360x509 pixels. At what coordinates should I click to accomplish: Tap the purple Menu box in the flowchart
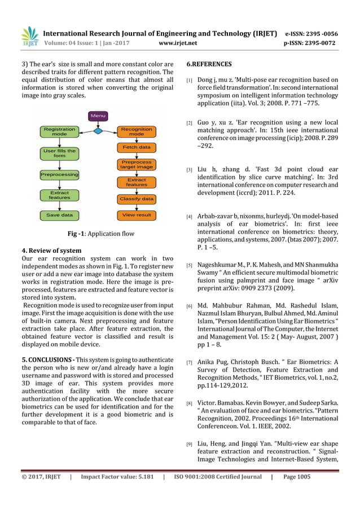[98, 116]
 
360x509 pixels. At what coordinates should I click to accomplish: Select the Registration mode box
[59, 131]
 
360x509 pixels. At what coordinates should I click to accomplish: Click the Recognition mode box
[136, 131]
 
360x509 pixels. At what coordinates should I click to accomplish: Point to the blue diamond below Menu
[98, 131]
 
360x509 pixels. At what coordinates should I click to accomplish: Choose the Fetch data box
[136, 147]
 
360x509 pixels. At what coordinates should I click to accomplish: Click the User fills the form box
[59, 153]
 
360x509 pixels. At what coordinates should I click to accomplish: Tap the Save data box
[59, 215]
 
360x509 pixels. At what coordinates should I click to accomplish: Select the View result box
[136, 215]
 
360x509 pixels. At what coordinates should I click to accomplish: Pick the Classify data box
[136, 199]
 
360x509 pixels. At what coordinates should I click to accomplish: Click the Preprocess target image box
[136, 164]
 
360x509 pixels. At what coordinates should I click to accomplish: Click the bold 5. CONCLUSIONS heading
[45, 359]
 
